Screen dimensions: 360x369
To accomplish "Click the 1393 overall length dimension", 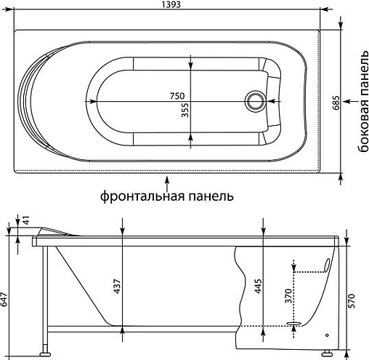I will [169, 6].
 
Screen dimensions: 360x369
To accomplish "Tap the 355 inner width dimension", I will [185, 111].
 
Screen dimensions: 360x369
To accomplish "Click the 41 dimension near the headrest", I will [26, 220].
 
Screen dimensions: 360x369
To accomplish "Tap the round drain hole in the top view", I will [256, 100].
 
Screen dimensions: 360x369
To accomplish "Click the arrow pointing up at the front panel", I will [167, 181].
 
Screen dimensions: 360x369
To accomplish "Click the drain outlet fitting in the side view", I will [294, 325].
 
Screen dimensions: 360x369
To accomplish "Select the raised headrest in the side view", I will [54, 231].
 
